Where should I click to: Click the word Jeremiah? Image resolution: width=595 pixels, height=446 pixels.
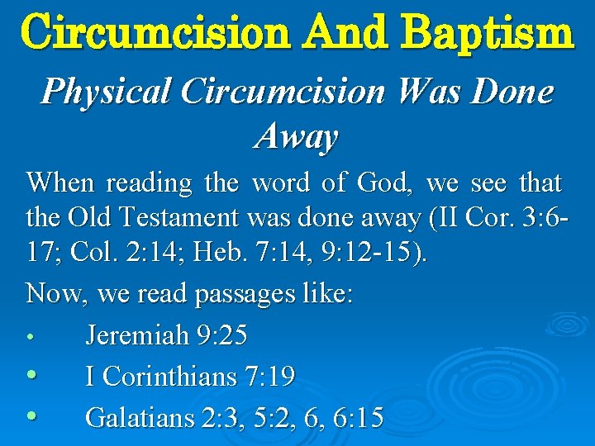tap(137, 336)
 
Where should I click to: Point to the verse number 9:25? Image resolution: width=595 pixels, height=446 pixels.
tap(222, 336)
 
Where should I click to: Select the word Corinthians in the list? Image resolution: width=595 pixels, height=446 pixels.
tap(169, 377)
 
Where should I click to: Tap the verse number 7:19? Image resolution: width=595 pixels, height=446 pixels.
tap(270, 377)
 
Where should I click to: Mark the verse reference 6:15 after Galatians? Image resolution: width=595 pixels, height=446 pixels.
tap(355, 417)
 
